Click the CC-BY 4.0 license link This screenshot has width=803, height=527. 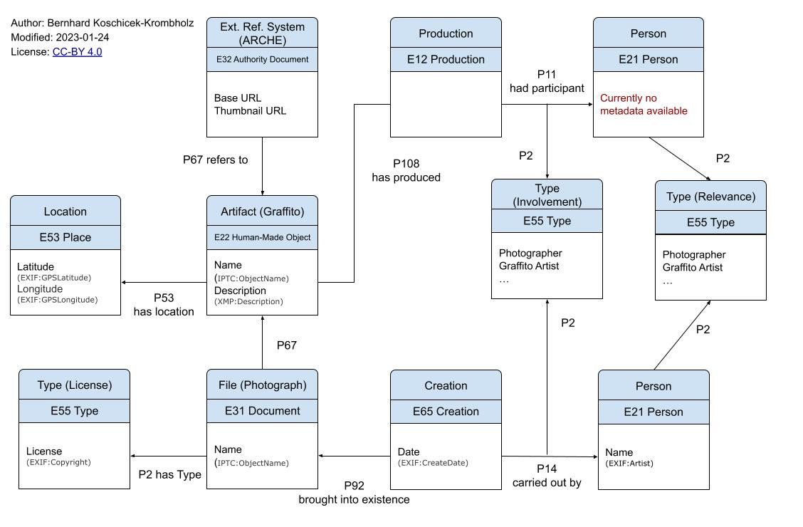click(x=77, y=52)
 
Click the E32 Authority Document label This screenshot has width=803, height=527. click(x=262, y=60)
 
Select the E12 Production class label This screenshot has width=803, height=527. click(x=446, y=60)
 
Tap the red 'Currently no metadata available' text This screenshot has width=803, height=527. click(x=644, y=105)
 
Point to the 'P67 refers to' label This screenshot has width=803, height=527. click(x=215, y=160)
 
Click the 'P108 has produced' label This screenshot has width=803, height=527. click(x=406, y=170)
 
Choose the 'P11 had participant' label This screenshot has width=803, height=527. click(x=547, y=82)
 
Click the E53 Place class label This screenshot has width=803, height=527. click(x=65, y=237)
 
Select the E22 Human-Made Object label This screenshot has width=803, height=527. click(x=262, y=237)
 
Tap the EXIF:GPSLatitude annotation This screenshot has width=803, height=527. click(x=54, y=278)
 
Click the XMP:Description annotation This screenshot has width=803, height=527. click(x=248, y=302)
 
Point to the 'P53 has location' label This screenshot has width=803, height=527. click(x=164, y=305)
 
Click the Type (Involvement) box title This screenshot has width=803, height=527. click(x=547, y=195)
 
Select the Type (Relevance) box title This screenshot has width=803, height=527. click(x=710, y=197)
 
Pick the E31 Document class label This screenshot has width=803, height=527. click(x=262, y=411)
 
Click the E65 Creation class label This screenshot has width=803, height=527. click(x=446, y=411)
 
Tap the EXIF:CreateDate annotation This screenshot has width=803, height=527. click(x=433, y=464)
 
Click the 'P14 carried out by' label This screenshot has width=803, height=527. click(x=547, y=476)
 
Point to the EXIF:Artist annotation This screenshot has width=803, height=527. click(x=629, y=464)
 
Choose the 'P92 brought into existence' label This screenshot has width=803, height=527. click(x=354, y=493)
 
